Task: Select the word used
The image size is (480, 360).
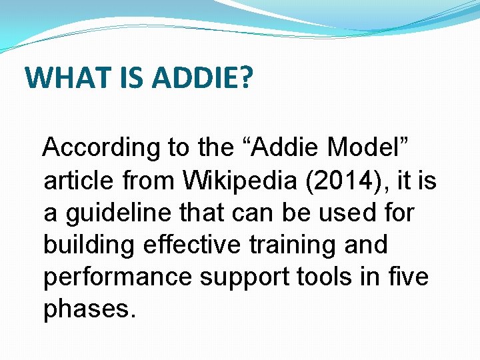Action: [x=343, y=213]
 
